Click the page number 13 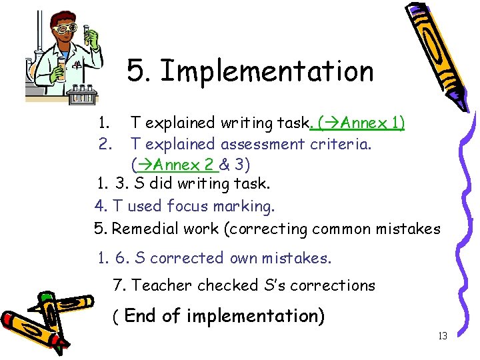pos(442,336)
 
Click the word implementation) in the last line pos(255,316)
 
